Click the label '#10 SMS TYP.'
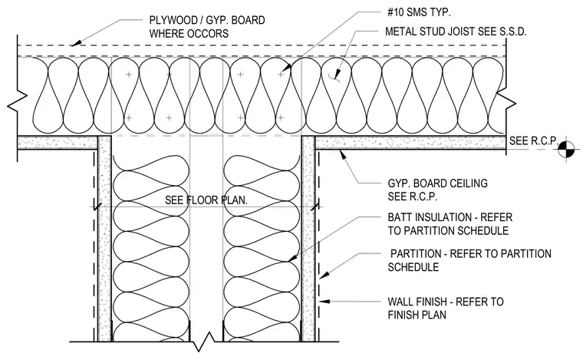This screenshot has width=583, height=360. tap(419, 12)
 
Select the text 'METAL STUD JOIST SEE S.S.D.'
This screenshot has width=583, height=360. tap(456, 31)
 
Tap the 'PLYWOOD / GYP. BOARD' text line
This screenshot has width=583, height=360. tap(207, 20)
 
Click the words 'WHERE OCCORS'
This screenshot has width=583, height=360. tap(189, 34)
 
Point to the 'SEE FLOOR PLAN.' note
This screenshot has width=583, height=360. tap(206, 200)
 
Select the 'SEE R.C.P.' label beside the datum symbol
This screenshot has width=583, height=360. tap(534, 140)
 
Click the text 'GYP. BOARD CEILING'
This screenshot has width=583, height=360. tap(437, 183)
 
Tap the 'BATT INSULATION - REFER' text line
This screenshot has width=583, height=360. tap(450, 216)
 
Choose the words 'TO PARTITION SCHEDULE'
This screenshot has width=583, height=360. tap(448, 230)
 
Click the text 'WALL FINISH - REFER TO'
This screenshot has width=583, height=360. tap(446, 301)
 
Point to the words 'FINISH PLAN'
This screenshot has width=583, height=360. tap(417, 315)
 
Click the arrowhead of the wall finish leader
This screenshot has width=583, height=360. tap(324, 301)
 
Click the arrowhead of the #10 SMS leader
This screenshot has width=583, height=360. tap(285, 69)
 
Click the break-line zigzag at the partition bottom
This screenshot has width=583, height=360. tap(204, 342)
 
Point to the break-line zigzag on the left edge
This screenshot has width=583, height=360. tap(18, 101)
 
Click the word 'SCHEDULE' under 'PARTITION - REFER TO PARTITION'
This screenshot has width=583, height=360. tap(413, 267)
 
